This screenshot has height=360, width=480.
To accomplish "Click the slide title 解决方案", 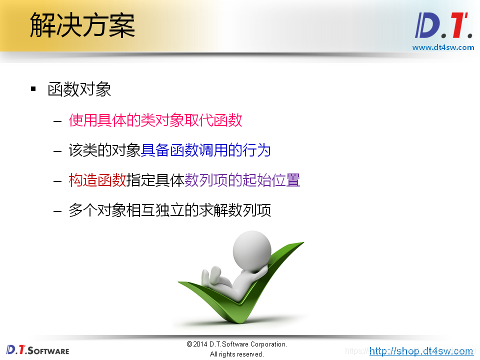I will [x=82, y=25].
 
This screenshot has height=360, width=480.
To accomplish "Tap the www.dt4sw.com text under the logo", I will [x=443, y=47].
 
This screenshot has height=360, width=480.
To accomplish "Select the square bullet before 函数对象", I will [x=33, y=89].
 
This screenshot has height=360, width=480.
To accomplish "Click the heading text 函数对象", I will [x=79, y=89].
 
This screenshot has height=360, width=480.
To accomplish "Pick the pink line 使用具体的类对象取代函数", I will [x=155, y=120].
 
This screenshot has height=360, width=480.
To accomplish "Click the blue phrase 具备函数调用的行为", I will [x=205, y=150].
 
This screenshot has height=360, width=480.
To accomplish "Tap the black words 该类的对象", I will [x=104, y=150].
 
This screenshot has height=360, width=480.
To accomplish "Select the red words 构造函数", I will [x=97, y=180].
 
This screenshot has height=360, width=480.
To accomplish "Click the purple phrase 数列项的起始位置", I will [x=242, y=180].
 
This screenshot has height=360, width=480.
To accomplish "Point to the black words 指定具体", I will [x=155, y=180].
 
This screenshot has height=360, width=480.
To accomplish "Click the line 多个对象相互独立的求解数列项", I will [x=169, y=210].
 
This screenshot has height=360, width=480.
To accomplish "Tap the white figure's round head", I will [x=252, y=248].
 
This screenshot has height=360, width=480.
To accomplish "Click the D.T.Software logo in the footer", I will [x=38, y=349].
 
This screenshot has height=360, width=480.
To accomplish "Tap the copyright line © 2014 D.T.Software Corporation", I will [x=236, y=344].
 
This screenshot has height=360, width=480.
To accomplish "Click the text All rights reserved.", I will [x=236, y=354].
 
